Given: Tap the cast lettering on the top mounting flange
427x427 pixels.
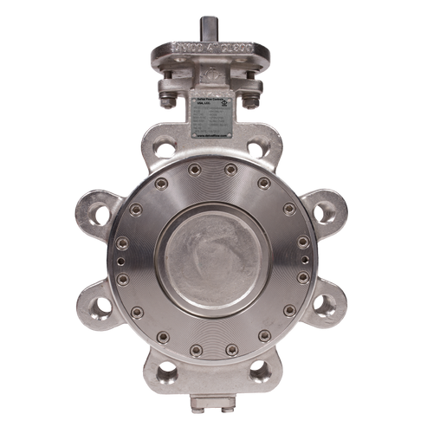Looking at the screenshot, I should pyautogui.click(x=213, y=46).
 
